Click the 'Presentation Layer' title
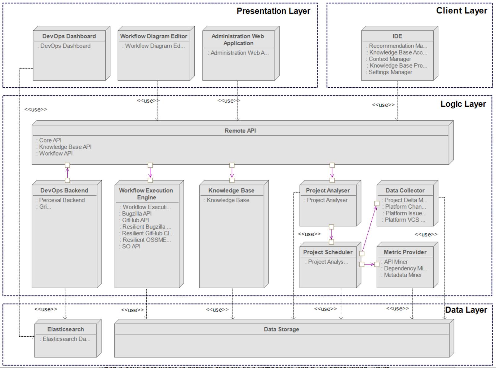point(273,11)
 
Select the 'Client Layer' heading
point(461,11)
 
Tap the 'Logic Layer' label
point(463,104)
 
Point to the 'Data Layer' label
point(466,310)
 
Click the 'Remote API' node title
point(240,131)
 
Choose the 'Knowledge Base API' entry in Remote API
point(65,147)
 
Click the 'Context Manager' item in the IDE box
point(390,59)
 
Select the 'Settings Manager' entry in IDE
point(390,72)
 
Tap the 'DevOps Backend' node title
point(64,191)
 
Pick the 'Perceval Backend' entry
point(62,200)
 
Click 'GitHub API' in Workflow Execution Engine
point(135,220)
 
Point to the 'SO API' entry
point(131,246)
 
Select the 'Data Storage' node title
point(281,329)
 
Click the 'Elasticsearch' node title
point(65,329)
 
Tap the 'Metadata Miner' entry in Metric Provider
point(403,275)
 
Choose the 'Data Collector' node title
point(405,191)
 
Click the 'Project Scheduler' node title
point(328,252)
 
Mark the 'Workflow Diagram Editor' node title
point(153,36)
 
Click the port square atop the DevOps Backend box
point(67,180)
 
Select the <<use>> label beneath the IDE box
point(383,105)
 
